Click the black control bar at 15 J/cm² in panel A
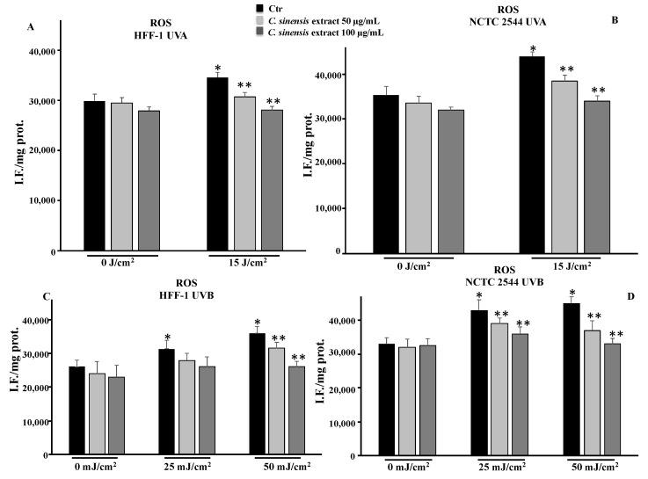(x=217, y=163)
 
